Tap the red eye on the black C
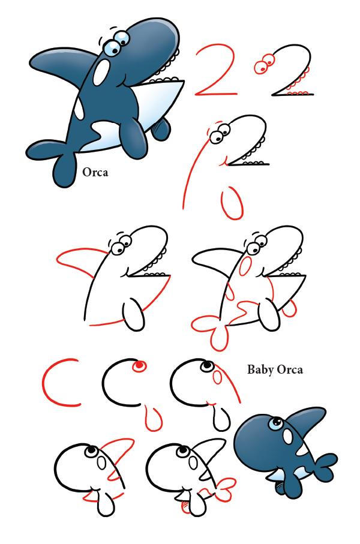click(139, 366)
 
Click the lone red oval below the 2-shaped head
click(232, 203)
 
